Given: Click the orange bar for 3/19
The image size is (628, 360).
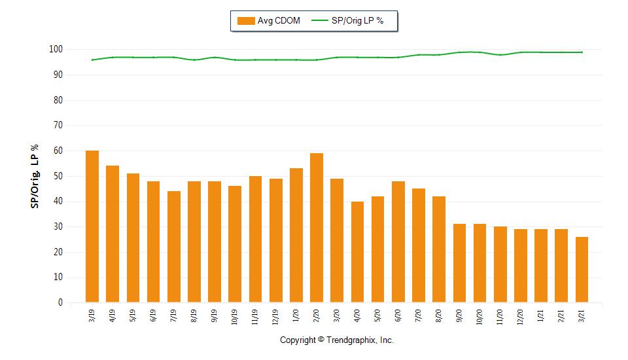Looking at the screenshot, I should tap(92, 226).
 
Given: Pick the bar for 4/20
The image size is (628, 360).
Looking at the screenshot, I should tap(357, 252).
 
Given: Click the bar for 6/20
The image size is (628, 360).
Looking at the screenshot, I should tap(398, 242).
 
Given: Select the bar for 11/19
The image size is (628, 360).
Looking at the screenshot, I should tap(255, 239).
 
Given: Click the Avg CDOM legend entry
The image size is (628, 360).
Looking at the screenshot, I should tap(269, 21).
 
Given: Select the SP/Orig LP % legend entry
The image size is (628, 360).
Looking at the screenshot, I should tap(347, 21).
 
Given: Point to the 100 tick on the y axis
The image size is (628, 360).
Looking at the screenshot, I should tap(56, 50).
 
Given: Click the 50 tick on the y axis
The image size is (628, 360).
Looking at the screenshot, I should tap(58, 176).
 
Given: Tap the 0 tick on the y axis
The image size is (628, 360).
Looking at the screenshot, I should tap(60, 303).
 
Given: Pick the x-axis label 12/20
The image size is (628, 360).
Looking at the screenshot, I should tap(520, 316).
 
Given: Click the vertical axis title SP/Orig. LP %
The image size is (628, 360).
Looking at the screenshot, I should tap(35, 176).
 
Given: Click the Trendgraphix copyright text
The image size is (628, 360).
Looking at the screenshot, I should tap(337, 340).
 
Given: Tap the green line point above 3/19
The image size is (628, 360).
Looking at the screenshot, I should tap(92, 60).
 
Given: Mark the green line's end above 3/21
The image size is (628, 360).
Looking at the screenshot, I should tap(582, 52).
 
